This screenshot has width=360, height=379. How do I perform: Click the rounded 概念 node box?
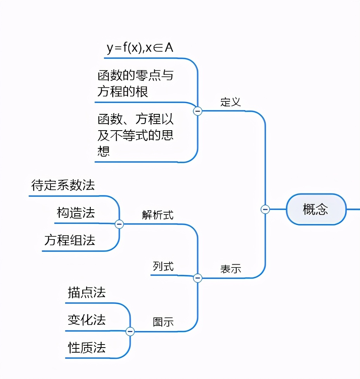point(316,209)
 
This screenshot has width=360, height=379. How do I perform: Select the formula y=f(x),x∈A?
point(140,48)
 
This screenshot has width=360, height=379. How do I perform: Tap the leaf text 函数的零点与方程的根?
point(135,83)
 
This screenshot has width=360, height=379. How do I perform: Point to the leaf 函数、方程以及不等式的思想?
point(135,134)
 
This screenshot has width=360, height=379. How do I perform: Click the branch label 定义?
point(231,102)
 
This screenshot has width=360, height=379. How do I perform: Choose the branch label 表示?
point(231,269)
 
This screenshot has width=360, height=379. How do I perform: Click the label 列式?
point(163,266)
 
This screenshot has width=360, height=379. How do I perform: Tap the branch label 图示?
point(163,322)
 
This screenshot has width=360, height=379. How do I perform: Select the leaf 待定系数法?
point(63,185)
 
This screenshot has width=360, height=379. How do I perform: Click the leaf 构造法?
point(76,213)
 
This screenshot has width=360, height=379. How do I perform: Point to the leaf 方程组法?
point(70,240)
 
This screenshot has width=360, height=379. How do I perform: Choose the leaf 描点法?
point(87,292)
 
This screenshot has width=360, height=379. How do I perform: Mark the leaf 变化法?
point(87,320)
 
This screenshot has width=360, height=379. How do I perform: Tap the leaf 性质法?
point(87,347)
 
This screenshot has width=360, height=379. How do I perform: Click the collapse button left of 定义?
point(198,111)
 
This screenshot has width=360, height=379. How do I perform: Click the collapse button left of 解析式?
point(119,224)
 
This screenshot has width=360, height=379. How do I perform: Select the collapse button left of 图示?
point(130,331)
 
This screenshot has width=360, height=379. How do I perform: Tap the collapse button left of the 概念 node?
point(265,209)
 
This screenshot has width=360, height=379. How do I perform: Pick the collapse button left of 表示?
point(198,278)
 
